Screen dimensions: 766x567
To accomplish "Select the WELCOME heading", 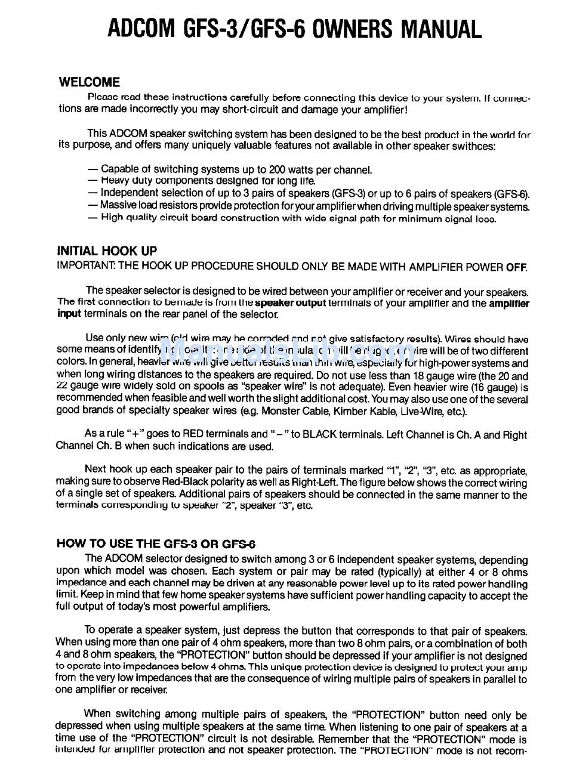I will coord(89,82).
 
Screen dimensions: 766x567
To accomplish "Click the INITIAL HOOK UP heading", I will coord(107,251).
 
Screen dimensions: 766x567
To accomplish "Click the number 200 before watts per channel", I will coord(278,169).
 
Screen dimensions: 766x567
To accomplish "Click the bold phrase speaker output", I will coord(290,302).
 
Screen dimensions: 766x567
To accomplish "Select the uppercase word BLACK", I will coord(323,434).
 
